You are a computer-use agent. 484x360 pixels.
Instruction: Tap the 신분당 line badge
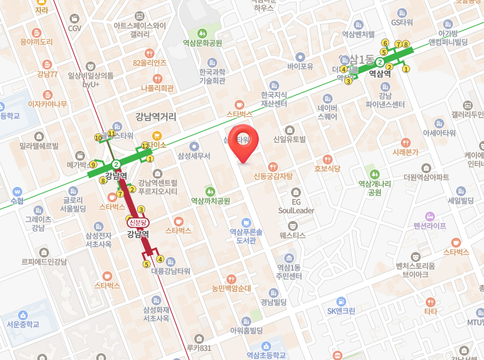tap(137, 222)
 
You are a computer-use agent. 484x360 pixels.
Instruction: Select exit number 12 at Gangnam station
tap(145, 146)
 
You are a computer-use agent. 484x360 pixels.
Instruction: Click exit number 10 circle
tap(98, 137)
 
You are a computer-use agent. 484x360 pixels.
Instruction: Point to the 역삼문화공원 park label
tap(202, 43)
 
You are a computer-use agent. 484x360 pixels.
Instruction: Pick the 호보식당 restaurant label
tap(327, 168)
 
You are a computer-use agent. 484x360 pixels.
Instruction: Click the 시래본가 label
tap(405, 151)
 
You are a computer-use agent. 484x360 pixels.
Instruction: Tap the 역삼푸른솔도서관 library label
tap(246, 236)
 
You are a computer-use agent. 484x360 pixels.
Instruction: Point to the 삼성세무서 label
tap(194, 155)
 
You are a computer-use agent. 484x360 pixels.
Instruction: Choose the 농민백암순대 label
tap(231, 288)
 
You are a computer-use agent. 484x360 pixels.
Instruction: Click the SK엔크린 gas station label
tap(341, 311)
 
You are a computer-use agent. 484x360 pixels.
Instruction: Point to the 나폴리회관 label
tap(157, 88)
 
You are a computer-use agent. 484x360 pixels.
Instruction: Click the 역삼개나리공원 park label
tap(374, 188)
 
